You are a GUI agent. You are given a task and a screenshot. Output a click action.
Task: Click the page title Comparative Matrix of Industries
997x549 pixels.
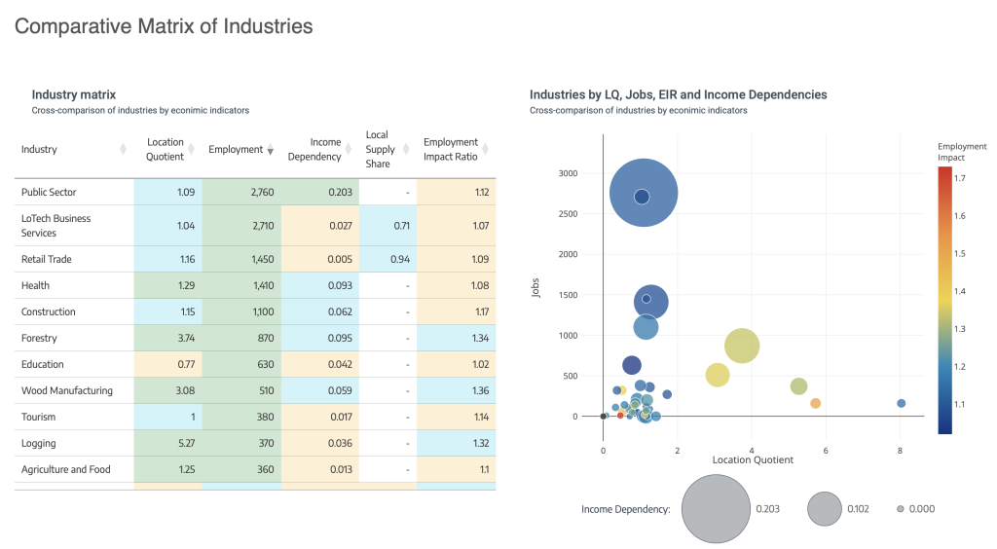pos(164,26)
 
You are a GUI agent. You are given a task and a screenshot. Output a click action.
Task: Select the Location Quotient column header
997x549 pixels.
pos(165,149)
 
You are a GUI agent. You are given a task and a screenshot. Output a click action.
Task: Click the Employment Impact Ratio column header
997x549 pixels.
pos(450,149)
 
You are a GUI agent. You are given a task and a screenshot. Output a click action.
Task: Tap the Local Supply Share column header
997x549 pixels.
pos(380,149)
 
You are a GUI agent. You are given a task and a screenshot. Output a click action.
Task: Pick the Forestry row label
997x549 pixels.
pos(39,338)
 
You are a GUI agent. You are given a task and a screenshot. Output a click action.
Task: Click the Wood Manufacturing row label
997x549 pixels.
pos(66,390)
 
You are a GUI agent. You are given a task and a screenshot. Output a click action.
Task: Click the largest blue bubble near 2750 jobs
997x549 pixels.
pos(643,194)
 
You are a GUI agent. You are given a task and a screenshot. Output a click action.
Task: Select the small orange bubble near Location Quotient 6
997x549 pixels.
pos(816,403)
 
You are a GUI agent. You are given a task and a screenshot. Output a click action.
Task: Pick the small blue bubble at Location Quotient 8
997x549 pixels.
pos(902,403)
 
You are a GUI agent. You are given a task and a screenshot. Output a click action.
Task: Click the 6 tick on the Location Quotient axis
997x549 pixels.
pos(826,451)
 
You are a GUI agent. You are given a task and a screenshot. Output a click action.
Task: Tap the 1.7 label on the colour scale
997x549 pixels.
pos(959,179)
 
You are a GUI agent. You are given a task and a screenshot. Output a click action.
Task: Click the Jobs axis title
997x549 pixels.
pos(536,290)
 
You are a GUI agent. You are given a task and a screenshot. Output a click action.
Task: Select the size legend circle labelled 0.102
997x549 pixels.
pos(824,508)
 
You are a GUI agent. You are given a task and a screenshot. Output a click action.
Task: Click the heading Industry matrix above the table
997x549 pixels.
pos(73,94)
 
